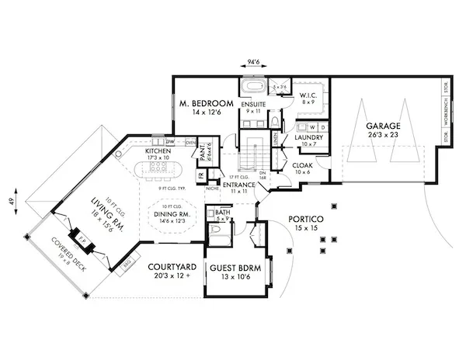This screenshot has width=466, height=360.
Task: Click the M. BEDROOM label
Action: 207,104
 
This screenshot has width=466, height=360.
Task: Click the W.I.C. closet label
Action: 308,95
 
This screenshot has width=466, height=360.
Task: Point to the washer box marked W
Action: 312,126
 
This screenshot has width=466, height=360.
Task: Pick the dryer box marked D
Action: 323,126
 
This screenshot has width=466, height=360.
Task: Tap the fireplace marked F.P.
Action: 80,237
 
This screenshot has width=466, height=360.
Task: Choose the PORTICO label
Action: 301,220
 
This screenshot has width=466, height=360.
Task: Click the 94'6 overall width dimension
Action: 252,59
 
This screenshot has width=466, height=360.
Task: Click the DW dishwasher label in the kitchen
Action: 169,142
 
